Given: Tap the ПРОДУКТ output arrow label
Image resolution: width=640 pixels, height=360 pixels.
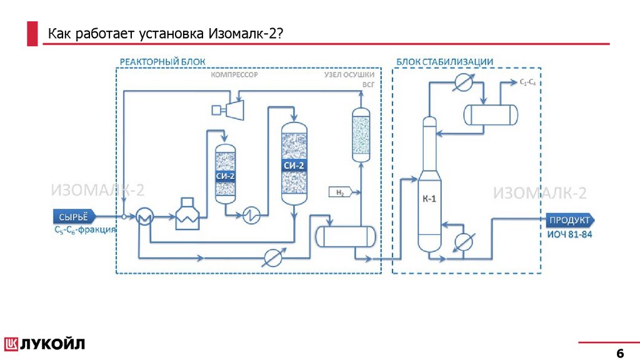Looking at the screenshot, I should (569, 220).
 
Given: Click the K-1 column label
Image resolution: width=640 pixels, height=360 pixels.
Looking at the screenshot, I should (429, 199).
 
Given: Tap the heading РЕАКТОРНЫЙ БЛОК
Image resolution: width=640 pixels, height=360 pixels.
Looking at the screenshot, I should (162, 61).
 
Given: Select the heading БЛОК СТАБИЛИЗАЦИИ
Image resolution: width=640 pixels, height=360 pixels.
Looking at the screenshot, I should (444, 61).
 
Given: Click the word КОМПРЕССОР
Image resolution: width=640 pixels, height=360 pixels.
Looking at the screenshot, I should (234, 74).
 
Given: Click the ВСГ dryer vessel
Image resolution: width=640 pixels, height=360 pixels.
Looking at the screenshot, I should (361, 134).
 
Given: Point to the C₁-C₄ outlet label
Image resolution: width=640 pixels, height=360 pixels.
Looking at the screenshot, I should (527, 82).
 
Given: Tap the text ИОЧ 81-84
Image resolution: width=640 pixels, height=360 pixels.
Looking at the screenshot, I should (569, 235).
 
